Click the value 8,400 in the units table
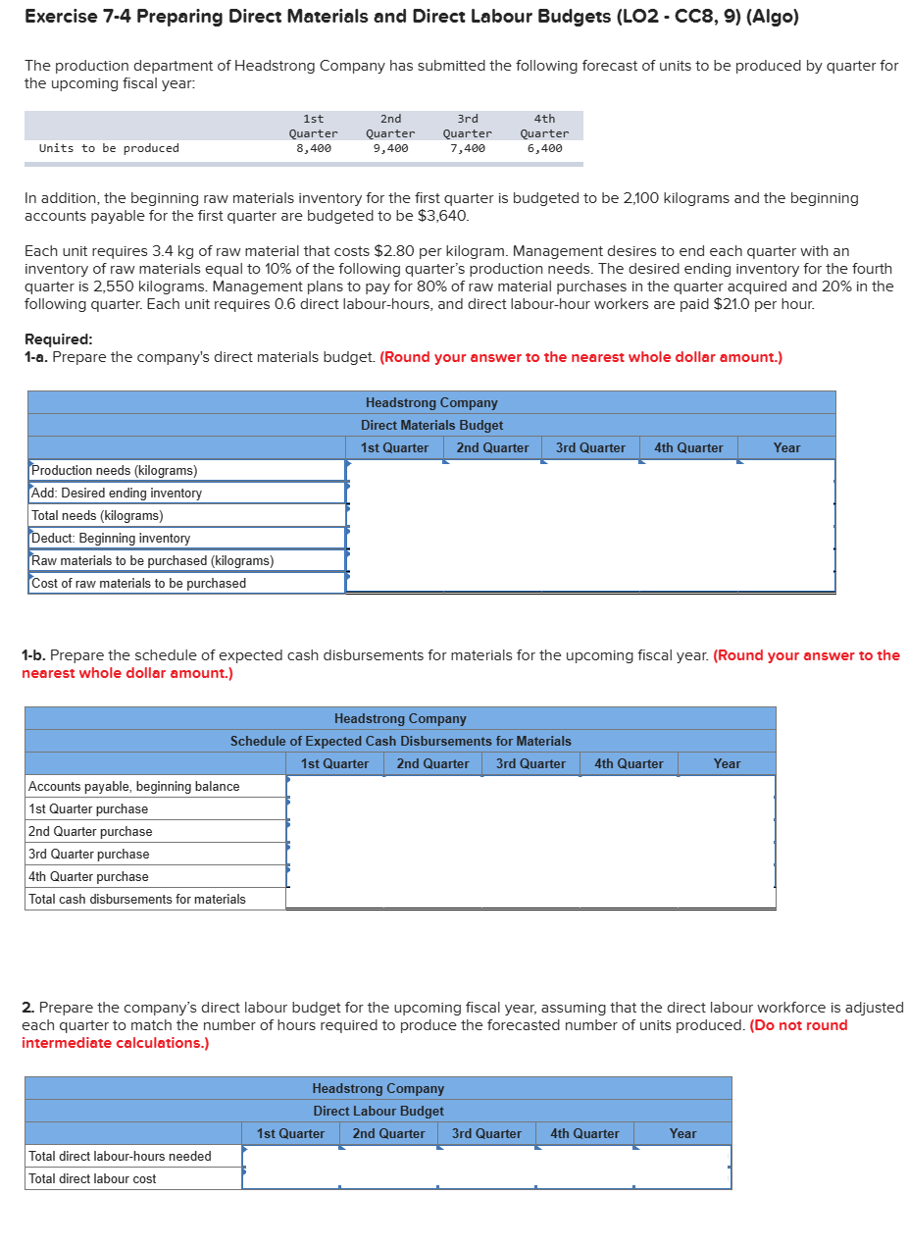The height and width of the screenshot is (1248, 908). tap(313, 148)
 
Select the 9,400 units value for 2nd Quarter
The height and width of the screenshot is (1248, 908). tap(390, 148)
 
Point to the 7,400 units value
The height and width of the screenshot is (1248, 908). tap(468, 148)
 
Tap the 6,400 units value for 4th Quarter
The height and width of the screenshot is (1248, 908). tap(544, 148)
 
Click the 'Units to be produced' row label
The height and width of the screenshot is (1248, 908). tap(109, 148)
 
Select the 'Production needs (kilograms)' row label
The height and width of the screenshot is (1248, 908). tap(115, 471)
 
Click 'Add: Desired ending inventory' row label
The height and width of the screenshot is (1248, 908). tap(117, 494)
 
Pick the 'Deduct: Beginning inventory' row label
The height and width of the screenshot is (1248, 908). tap(111, 539)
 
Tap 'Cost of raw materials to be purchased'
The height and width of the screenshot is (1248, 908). tap(138, 584)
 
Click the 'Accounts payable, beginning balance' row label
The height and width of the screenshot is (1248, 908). tap(134, 787)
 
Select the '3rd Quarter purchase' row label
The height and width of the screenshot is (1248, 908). tap(89, 855)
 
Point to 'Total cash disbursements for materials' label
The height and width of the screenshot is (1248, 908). tap(137, 900)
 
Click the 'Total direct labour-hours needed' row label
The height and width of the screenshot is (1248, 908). tap(120, 1157)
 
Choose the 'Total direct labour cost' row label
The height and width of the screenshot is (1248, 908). tap(92, 1179)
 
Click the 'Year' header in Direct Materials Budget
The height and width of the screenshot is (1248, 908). tap(786, 448)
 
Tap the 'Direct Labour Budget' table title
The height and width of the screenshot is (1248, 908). tap(378, 1112)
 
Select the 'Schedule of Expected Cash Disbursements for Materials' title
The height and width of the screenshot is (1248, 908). tap(400, 742)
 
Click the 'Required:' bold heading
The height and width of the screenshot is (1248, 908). tap(58, 339)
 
